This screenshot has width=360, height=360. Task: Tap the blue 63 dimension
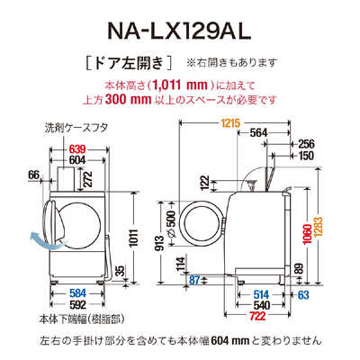tap(303, 292)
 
